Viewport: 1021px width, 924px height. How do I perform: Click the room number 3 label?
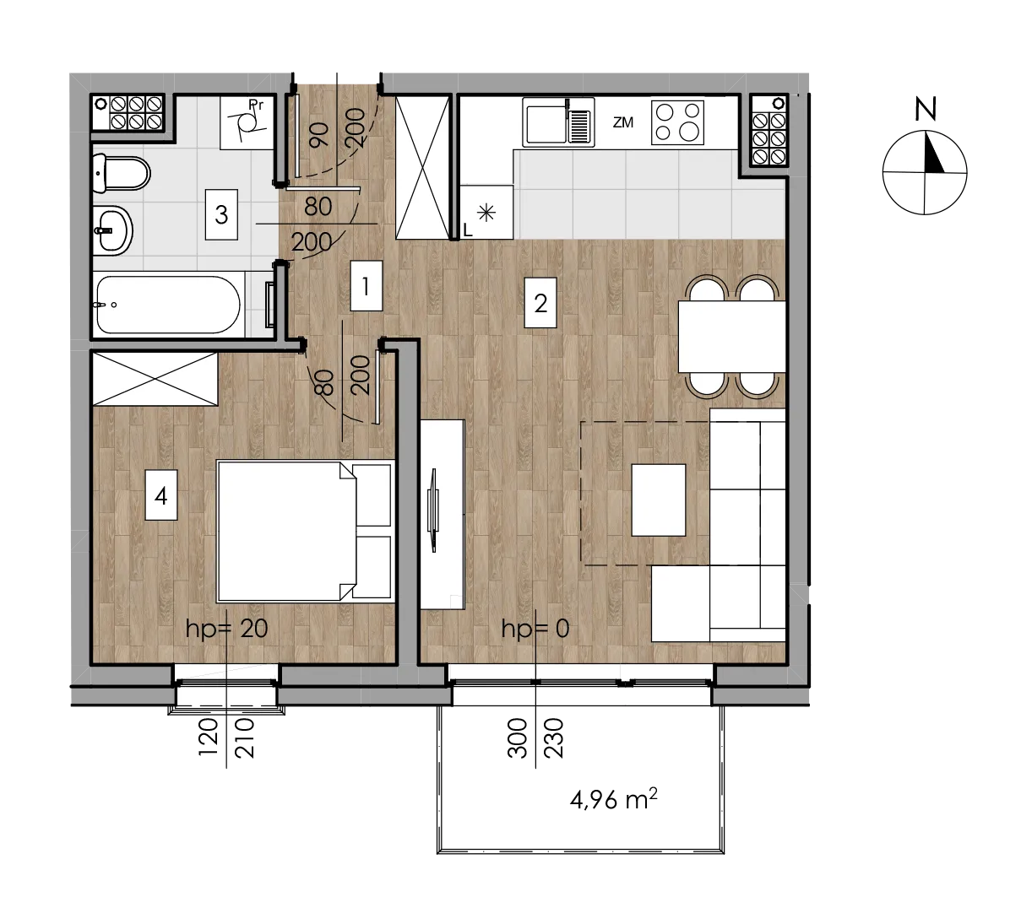coord(221,214)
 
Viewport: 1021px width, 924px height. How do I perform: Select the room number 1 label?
coord(366,286)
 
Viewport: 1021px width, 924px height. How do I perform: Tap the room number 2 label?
coord(540,303)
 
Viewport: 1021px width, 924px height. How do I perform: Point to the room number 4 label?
coord(160,495)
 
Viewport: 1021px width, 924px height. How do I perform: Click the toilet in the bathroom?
coord(121,174)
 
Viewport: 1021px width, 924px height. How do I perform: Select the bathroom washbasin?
coord(113,231)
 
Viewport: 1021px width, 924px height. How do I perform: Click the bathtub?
coord(168,305)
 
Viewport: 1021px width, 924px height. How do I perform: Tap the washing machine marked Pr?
coord(247,122)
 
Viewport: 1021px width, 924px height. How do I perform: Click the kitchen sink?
coord(558,122)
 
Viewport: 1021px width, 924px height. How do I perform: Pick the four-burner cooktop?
coord(677,122)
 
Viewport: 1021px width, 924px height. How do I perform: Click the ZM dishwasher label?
coord(623,122)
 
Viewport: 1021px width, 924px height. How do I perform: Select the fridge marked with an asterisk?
coord(486,212)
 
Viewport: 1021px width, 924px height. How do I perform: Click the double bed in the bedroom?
coord(306,532)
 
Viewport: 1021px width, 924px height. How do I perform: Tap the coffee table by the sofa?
coord(659,500)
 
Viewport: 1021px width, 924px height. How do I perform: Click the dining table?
coord(732,337)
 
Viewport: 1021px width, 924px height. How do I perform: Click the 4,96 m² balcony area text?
coord(613,800)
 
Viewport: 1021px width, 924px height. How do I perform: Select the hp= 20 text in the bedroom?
coord(226,629)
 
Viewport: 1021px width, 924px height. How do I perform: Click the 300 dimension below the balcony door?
coord(518,738)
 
